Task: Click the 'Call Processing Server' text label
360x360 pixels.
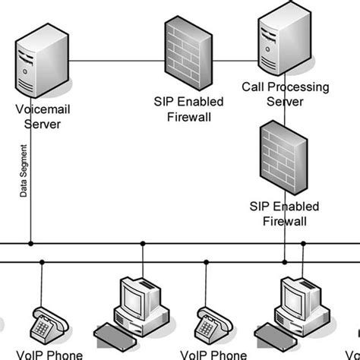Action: [285, 94]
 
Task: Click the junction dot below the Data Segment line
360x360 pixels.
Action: [31, 244]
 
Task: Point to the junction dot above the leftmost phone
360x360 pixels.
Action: [42, 262]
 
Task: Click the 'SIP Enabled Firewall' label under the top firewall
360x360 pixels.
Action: [182, 109]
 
